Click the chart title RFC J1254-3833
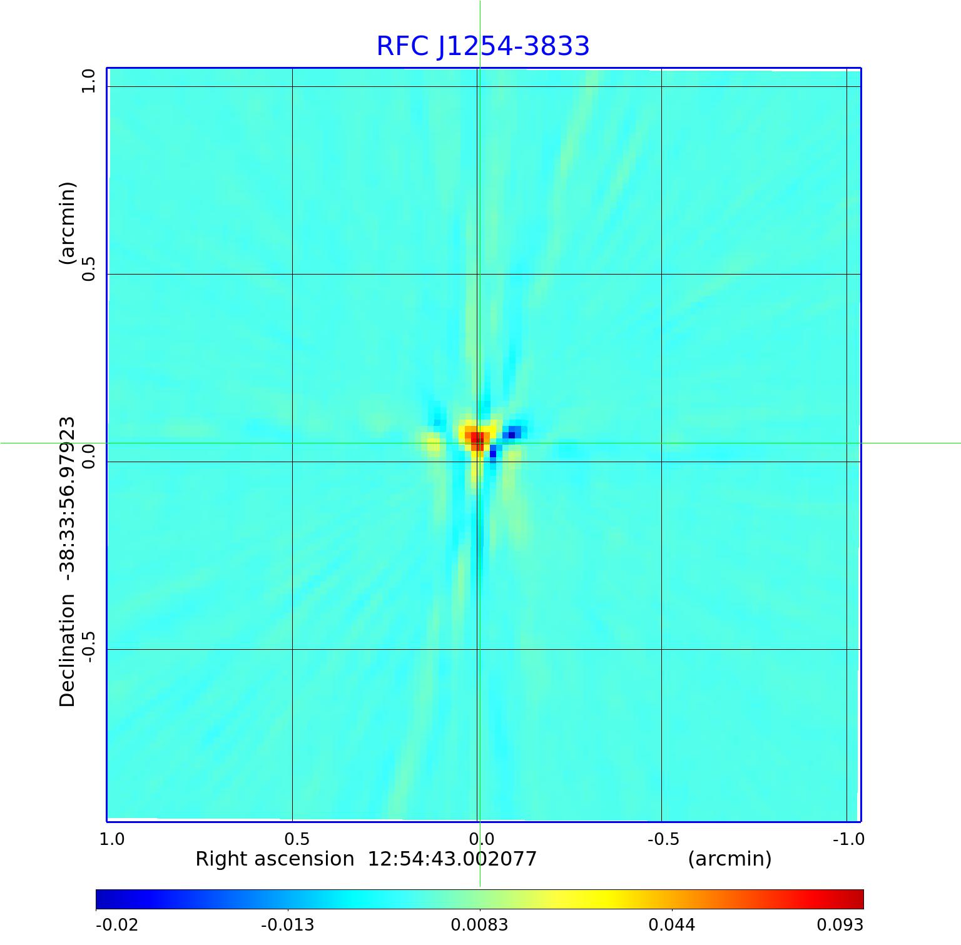tap(482, 46)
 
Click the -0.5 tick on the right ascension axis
tap(663, 839)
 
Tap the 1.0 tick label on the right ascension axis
tap(112, 839)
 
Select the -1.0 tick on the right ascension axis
tap(848, 839)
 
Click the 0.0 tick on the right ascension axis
tap(482, 839)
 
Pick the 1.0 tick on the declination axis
tap(88, 81)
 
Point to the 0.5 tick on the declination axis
tap(88, 268)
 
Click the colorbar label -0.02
tap(116, 924)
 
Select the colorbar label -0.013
tap(287, 924)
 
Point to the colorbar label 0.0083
tap(479, 924)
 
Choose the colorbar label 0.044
tap(671, 924)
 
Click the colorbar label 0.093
tap(840, 924)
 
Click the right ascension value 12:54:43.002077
tap(452, 859)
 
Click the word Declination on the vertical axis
tap(67, 650)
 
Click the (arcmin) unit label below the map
tap(730, 859)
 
